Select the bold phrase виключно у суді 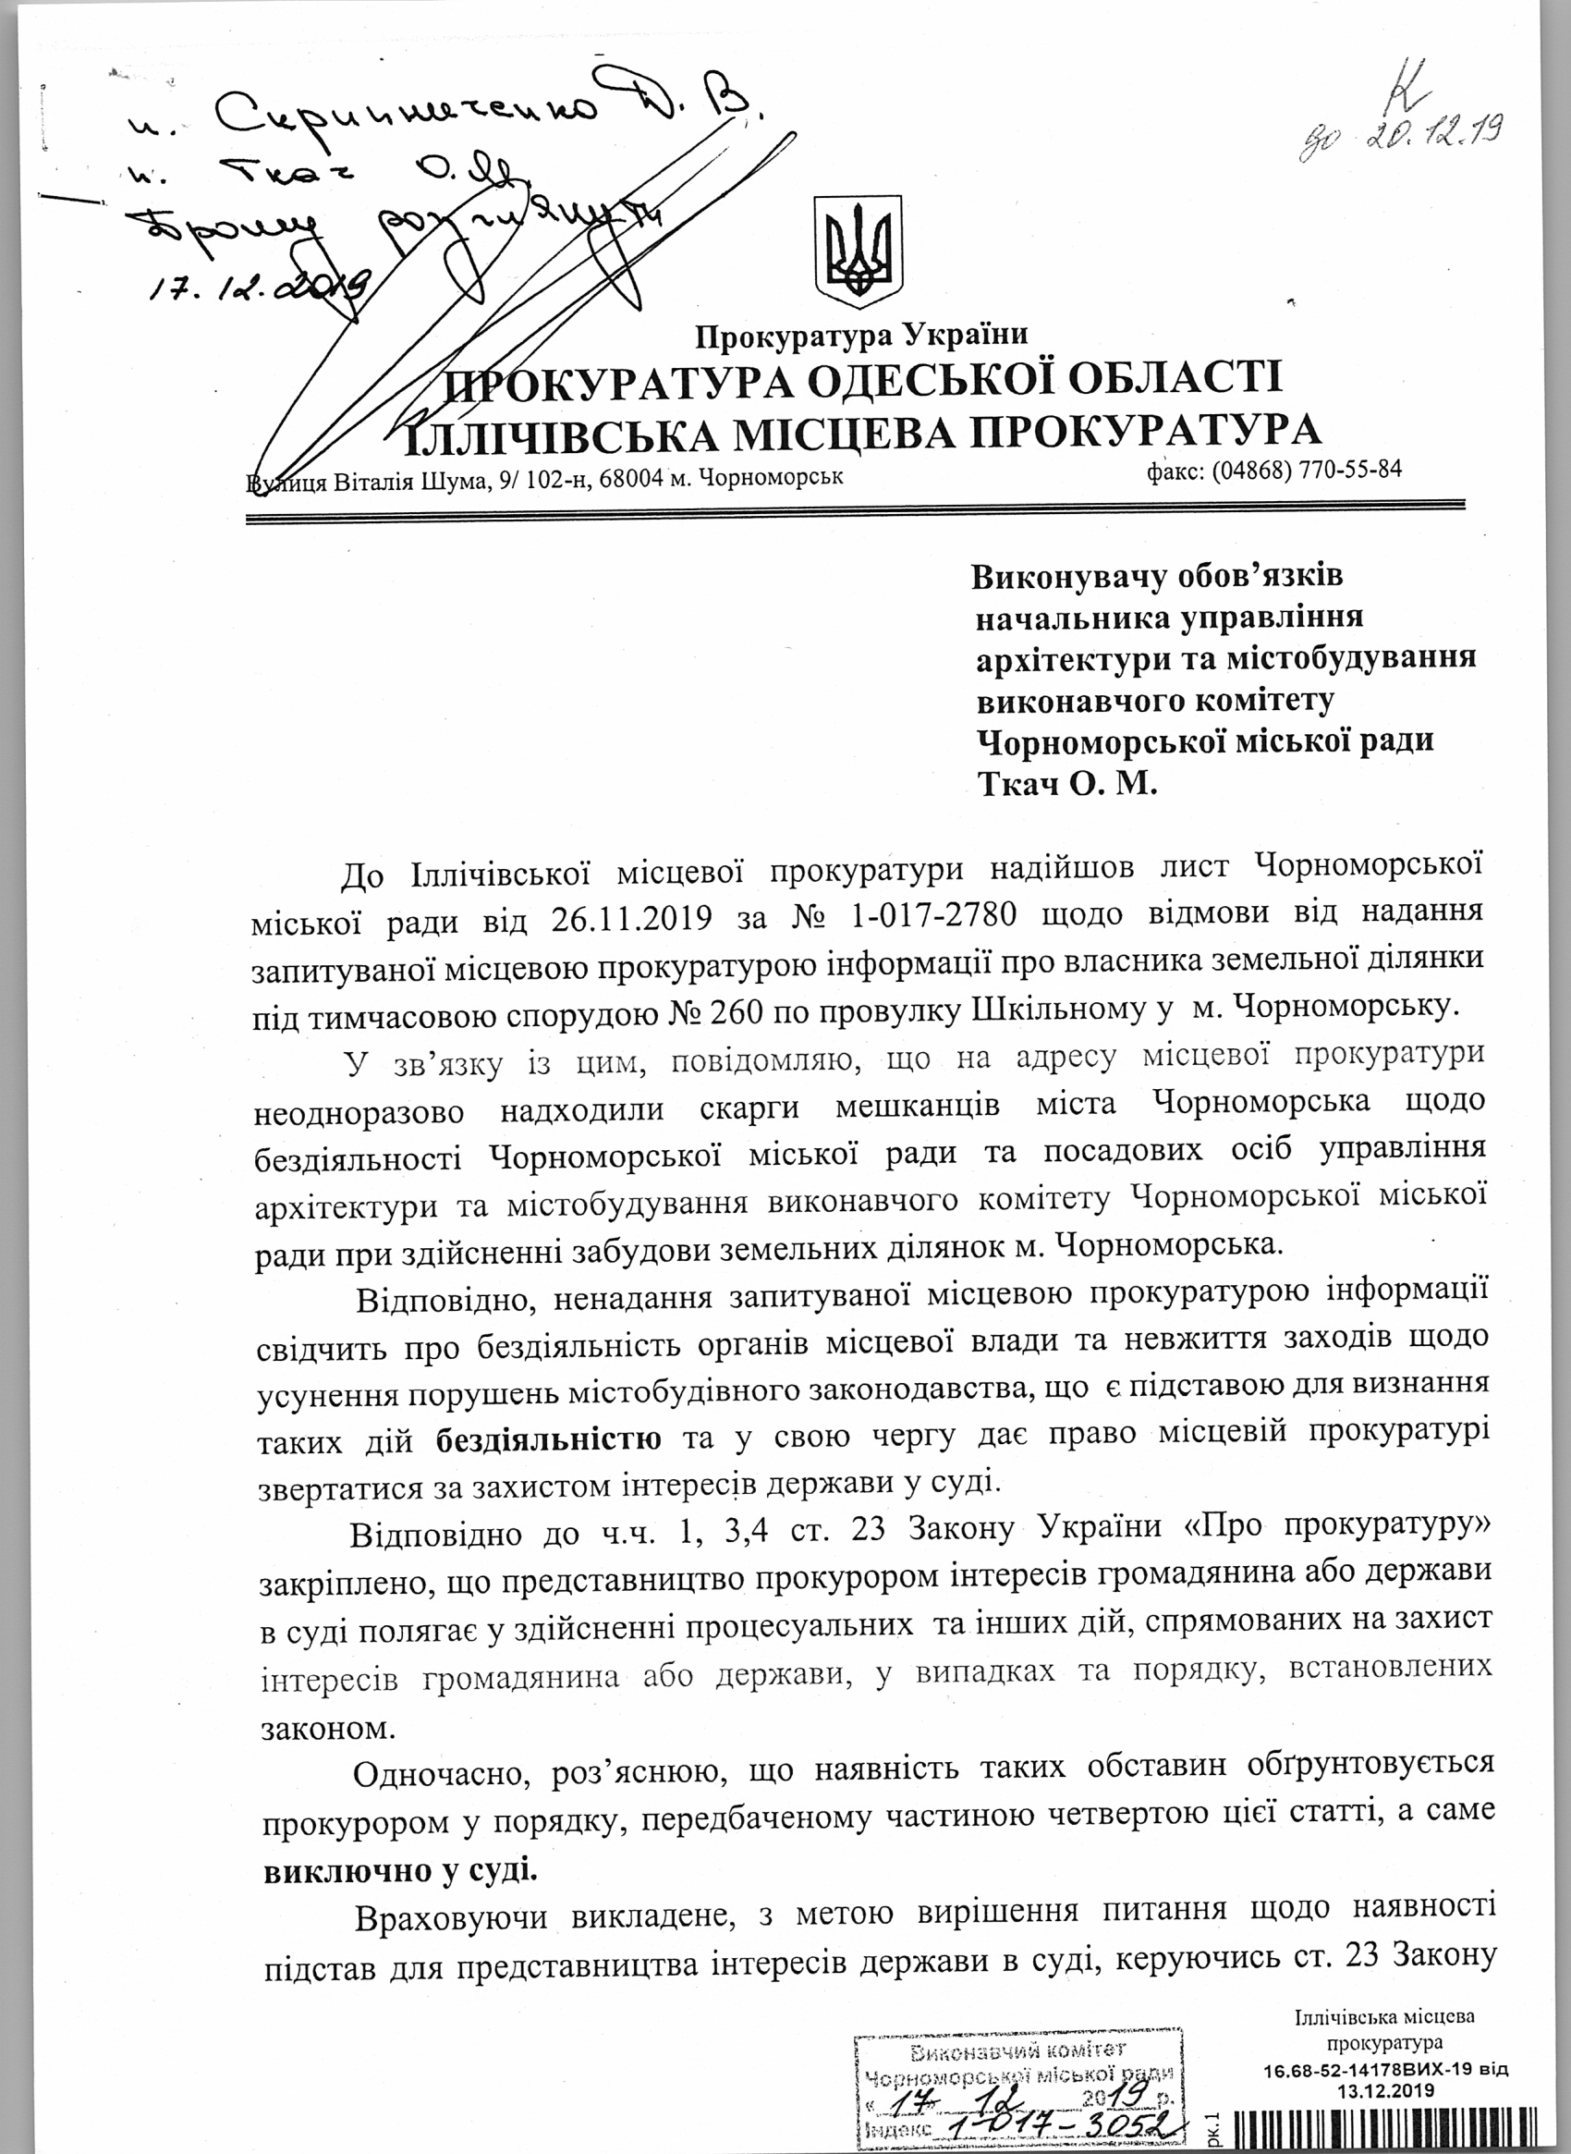(399, 1870)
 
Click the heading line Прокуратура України (862, 335)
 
